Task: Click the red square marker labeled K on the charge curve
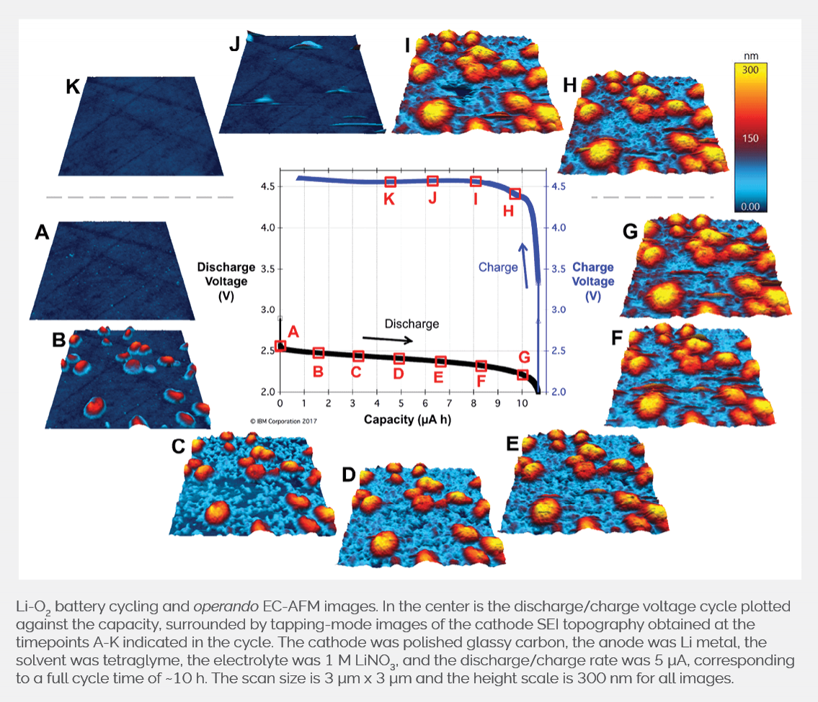tap(390, 182)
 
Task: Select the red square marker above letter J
tap(432, 181)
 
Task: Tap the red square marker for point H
tap(515, 194)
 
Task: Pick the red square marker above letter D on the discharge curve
tap(399, 359)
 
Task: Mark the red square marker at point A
tap(280, 346)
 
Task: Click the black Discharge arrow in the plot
tap(388, 338)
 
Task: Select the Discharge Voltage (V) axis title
tap(222, 281)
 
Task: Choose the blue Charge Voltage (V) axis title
tap(593, 281)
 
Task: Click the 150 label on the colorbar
tap(750, 138)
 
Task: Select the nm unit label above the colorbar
tap(750, 55)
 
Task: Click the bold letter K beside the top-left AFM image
tap(73, 87)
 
